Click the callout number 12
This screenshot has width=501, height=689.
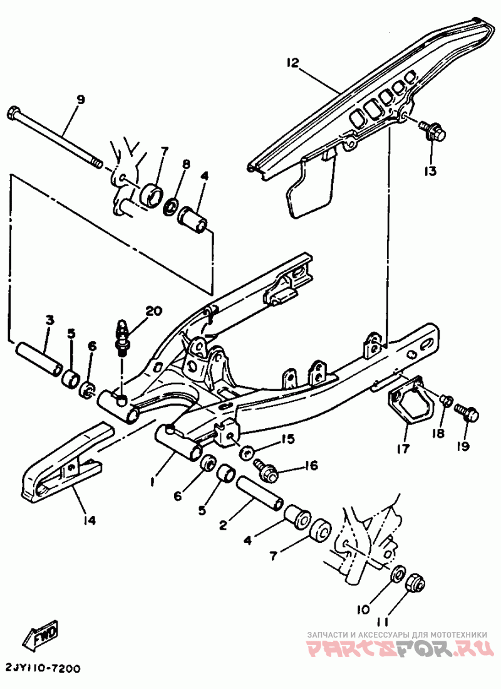tap(292, 63)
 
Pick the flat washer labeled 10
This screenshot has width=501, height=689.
tap(396, 574)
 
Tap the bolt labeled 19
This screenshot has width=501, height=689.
tap(467, 413)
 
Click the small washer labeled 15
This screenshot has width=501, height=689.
tap(247, 451)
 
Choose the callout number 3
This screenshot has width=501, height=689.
tap(49, 321)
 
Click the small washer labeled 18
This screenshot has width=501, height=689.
tap(446, 399)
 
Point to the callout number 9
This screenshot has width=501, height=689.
tap(80, 100)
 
